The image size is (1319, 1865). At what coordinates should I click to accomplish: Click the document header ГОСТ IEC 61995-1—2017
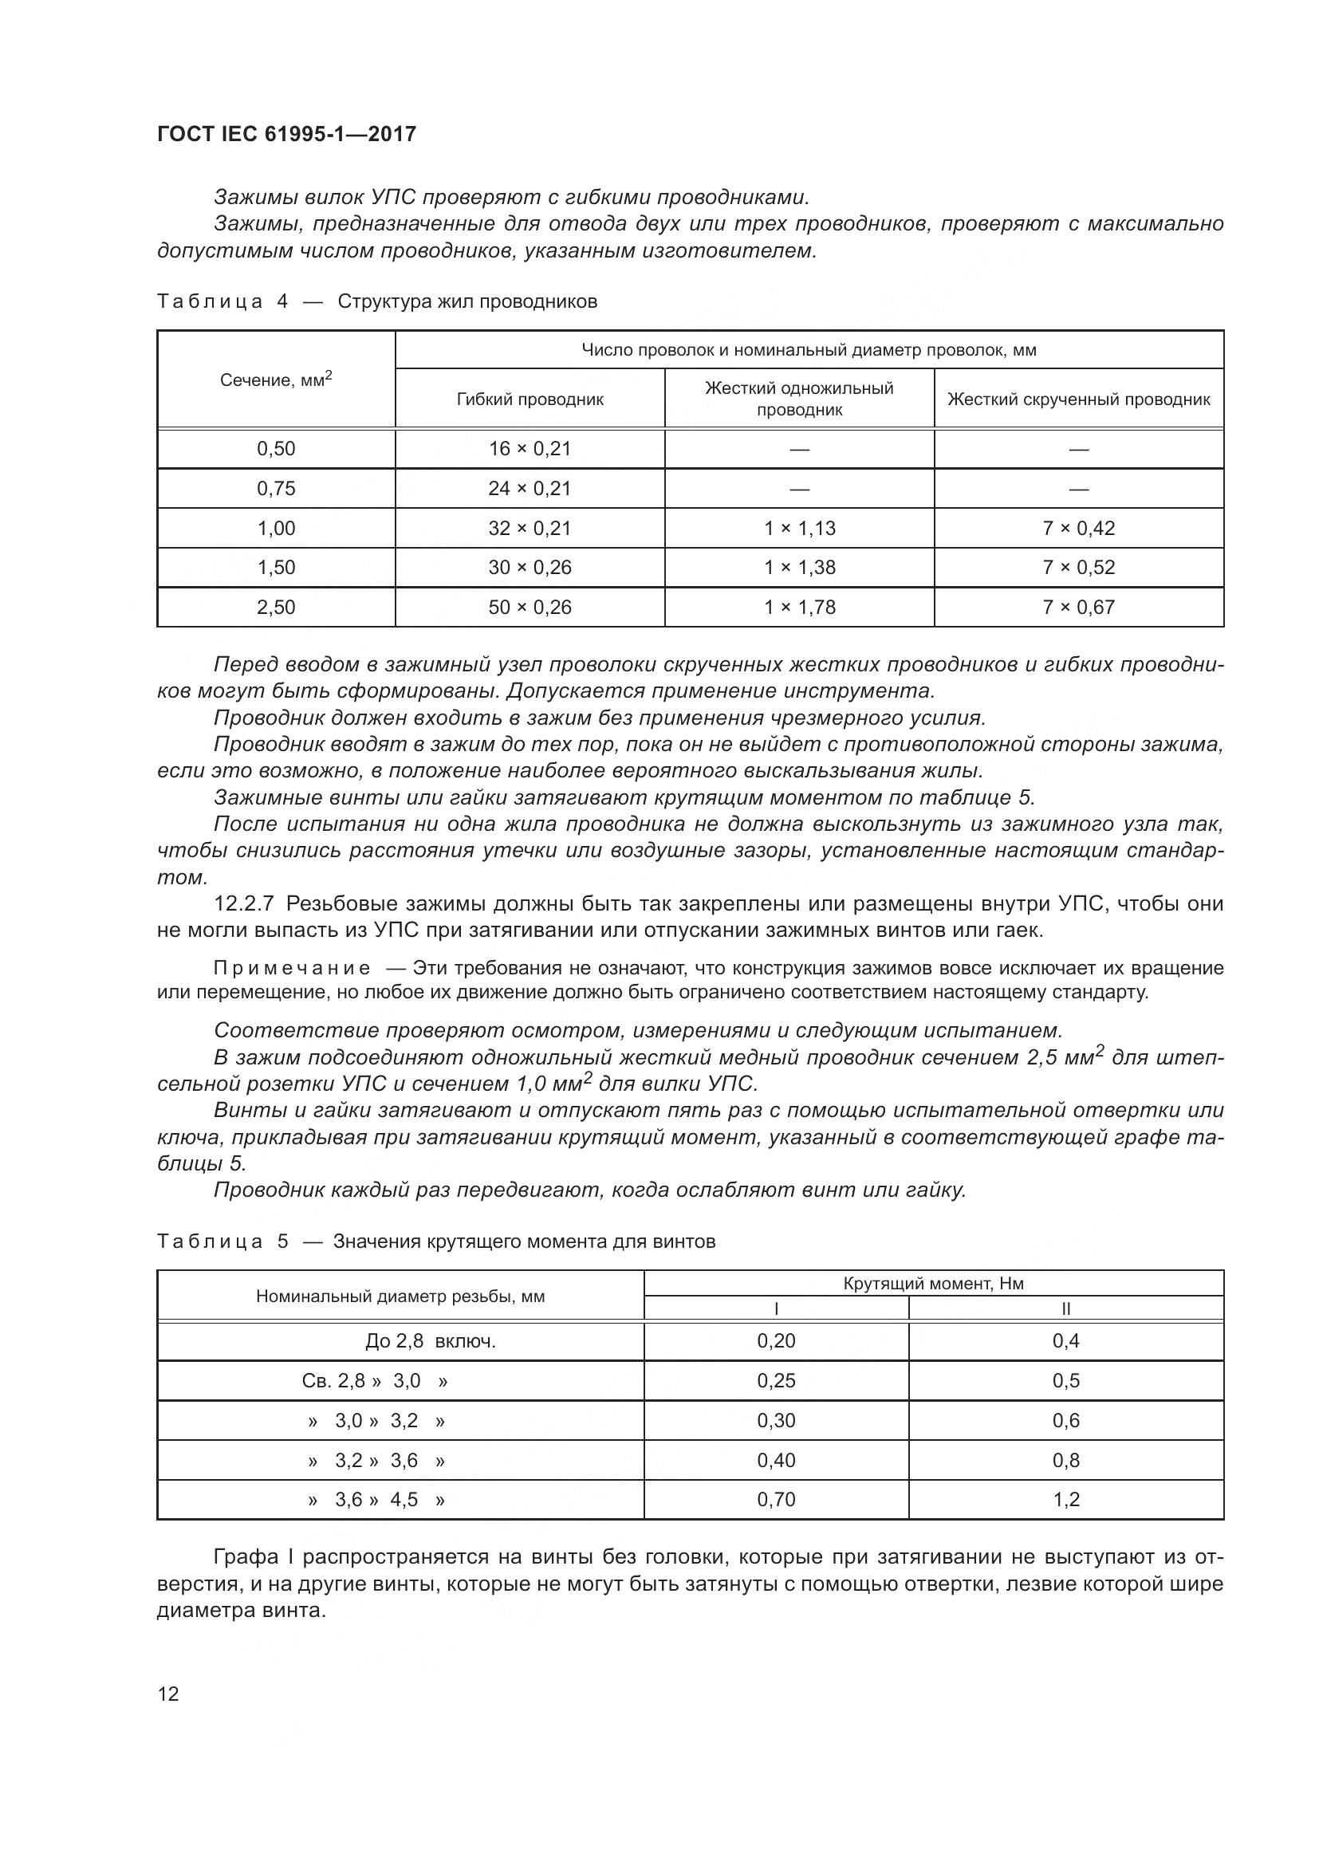click(x=286, y=134)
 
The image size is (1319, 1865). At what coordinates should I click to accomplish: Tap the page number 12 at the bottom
click(x=168, y=1694)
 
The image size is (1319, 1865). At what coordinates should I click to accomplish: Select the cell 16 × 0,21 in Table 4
click(x=530, y=448)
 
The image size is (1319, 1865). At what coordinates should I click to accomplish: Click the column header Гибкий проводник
click(x=530, y=399)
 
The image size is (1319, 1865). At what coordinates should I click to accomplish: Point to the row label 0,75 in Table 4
click(x=276, y=488)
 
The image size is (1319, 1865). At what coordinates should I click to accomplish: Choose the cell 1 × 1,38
click(x=799, y=567)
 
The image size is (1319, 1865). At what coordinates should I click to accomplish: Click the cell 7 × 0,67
click(x=1079, y=607)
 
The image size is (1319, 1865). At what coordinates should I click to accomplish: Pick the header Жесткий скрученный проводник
click(x=1079, y=399)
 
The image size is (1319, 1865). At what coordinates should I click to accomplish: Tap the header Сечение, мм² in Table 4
click(x=276, y=380)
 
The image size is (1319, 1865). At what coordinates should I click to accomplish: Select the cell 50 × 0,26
click(x=530, y=607)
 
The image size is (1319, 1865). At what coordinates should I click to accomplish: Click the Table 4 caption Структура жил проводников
click(x=467, y=301)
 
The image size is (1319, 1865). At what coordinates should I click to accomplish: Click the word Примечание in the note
click(x=292, y=968)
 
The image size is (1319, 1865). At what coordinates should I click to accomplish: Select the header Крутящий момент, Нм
click(x=933, y=1284)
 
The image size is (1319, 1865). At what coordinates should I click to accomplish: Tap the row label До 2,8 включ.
click(x=430, y=1341)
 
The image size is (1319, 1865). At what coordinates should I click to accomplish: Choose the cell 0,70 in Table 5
click(x=776, y=1500)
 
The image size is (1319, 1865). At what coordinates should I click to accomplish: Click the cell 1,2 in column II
click(x=1065, y=1500)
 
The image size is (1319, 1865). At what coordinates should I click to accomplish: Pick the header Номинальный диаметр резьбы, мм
click(x=400, y=1296)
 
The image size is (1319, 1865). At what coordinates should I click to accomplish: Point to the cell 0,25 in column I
click(x=776, y=1381)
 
